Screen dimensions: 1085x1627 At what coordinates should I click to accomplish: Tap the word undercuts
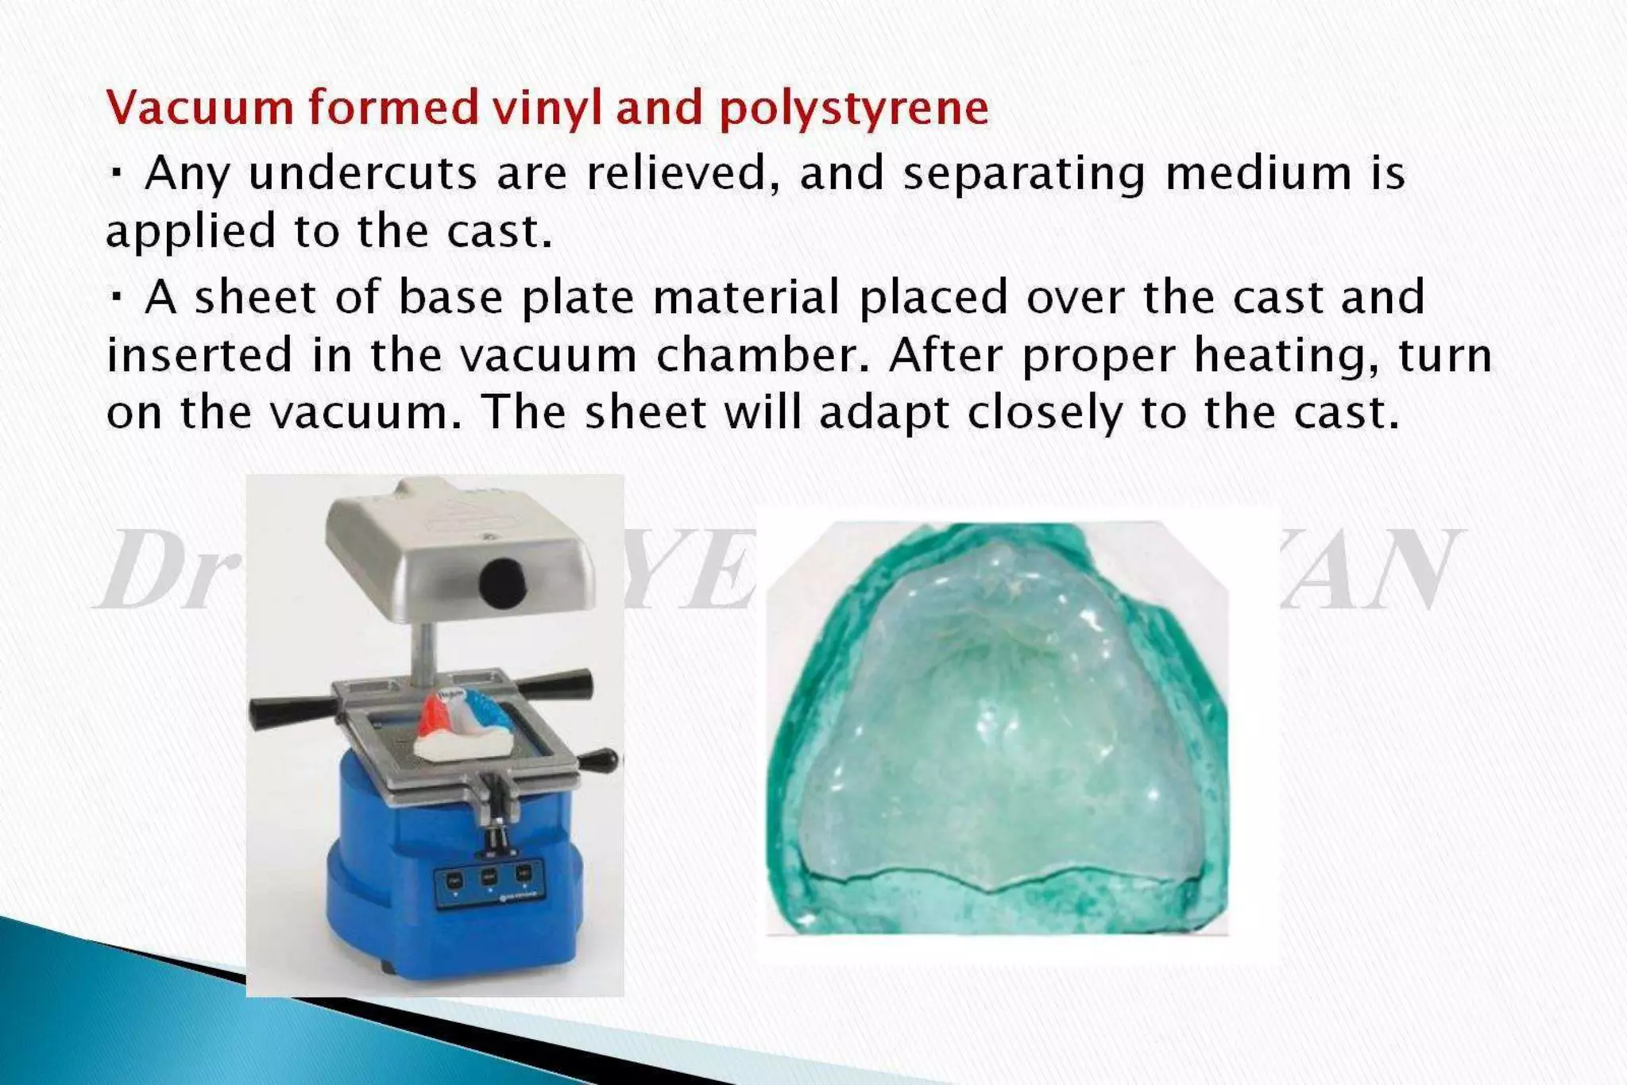click(363, 173)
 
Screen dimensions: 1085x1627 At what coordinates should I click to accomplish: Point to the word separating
click(1024, 175)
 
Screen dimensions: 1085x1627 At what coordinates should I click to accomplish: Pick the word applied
click(190, 233)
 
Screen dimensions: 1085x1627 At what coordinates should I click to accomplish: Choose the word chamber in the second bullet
click(764, 355)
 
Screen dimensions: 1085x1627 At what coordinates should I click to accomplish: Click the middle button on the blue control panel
click(489, 876)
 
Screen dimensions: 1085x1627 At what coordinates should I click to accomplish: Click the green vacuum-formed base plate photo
click(997, 727)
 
